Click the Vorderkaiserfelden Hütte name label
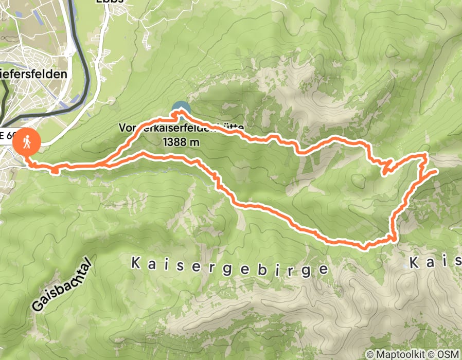tap(180, 127)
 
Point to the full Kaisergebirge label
tap(229, 266)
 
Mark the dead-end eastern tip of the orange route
tap(436, 170)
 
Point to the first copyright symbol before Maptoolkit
tap(369, 354)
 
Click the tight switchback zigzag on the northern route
tap(387, 167)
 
